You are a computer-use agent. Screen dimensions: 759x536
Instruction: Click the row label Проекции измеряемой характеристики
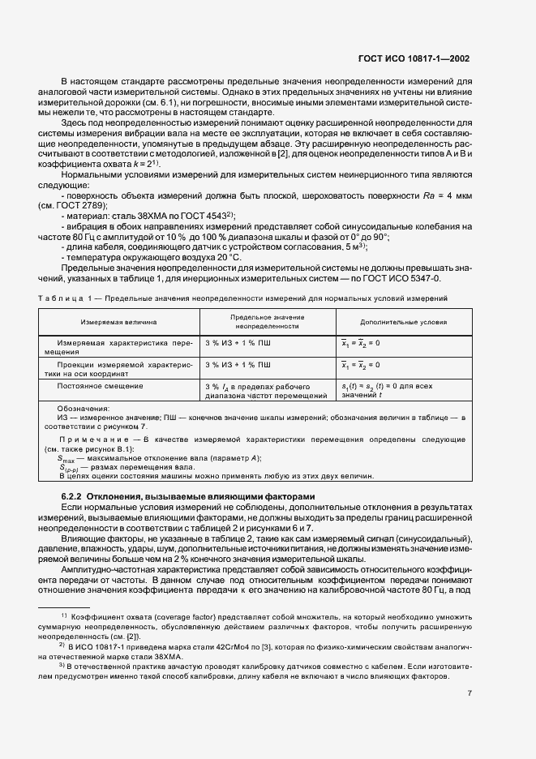tap(118, 368)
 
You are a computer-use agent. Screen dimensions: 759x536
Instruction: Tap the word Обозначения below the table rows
tap(84, 409)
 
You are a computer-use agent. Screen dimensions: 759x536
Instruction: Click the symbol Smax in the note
tap(66, 459)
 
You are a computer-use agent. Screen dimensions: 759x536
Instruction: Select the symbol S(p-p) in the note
tap(70, 468)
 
